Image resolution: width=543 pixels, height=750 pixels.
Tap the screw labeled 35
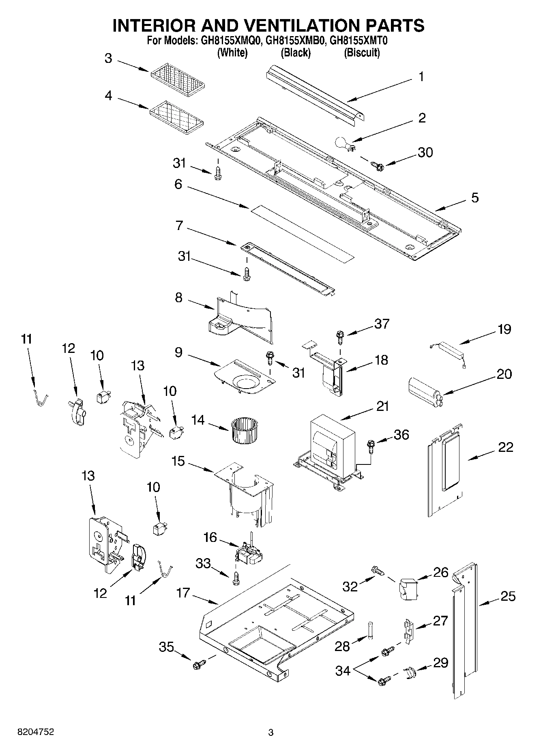(x=199, y=664)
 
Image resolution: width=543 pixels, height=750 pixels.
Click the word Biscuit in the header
(x=362, y=53)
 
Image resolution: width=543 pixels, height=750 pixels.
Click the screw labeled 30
(x=377, y=165)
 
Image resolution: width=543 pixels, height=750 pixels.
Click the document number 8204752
(x=36, y=732)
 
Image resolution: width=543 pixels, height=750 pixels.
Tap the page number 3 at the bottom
(x=271, y=733)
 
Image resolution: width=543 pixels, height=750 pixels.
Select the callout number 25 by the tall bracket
(x=508, y=596)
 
